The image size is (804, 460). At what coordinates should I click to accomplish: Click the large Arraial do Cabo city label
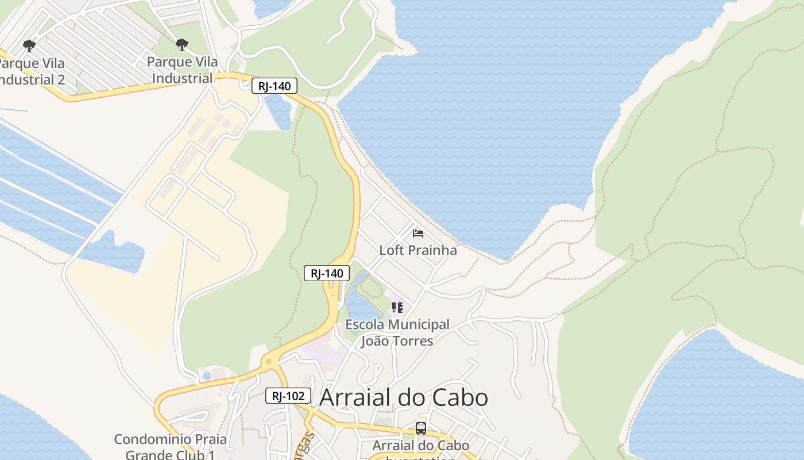click(x=403, y=397)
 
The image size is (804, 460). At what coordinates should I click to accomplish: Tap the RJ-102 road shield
click(x=288, y=396)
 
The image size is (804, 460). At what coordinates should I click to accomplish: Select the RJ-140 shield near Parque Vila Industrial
click(x=275, y=86)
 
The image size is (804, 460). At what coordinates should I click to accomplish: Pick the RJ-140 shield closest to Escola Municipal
click(x=327, y=273)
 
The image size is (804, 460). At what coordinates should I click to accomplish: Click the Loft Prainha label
click(x=418, y=250)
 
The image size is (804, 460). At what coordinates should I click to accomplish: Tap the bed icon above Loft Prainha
click(x=418, y=233)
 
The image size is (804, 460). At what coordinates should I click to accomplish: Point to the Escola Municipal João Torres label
click(x=397, y=332)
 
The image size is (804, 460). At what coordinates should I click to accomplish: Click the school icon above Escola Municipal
click(x=397, y=308)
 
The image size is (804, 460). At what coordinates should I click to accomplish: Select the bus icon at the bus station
click(x=421, y=428)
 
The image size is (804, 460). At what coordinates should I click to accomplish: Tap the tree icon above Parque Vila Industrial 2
click(x=29, y=45)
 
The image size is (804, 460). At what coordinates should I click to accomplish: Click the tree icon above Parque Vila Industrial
click(x=182, y=45)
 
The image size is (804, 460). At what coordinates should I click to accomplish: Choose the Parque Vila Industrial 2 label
click(x=32, y=71)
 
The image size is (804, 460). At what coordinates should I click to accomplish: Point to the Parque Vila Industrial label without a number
click(x=183, y=70)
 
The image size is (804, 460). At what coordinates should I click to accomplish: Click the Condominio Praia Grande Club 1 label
click(x=170, y=447)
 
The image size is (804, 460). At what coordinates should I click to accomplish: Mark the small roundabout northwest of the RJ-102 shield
click(x=268, y=362)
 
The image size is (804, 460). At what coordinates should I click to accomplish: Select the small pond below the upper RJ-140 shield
click(x=279, y=112)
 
